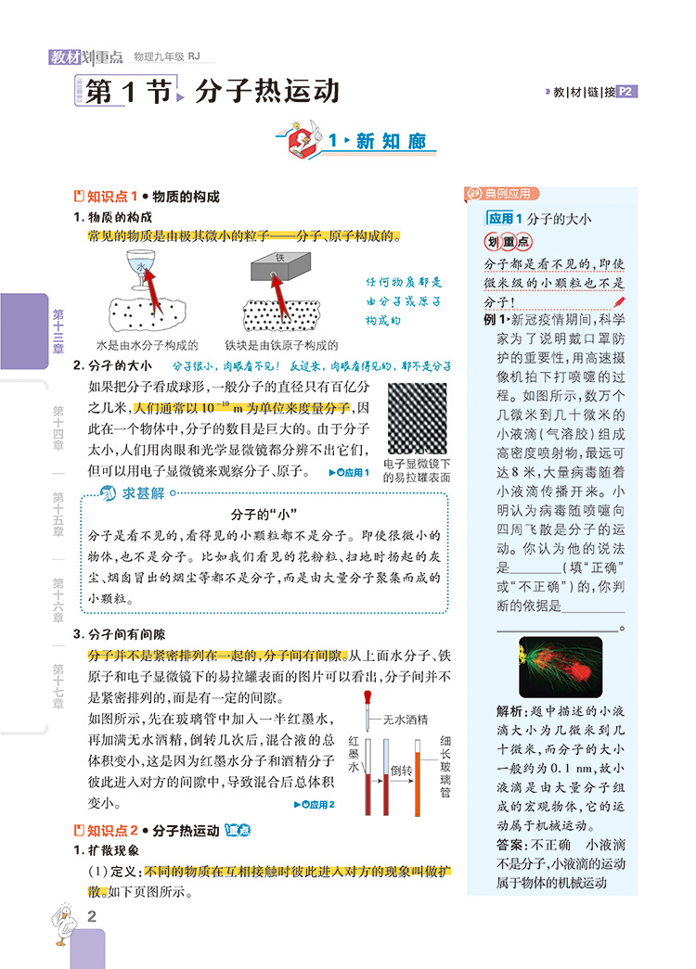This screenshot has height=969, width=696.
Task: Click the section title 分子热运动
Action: pyautogui.click(x=267, y=92)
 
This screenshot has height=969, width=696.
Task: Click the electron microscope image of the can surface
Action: pyautogui.click(x=417, y=417)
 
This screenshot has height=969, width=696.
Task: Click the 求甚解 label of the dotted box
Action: pyautogui.click(x=133, y=493)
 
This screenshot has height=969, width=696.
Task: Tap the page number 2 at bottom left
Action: pyautogui.click(x=91, y=917)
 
